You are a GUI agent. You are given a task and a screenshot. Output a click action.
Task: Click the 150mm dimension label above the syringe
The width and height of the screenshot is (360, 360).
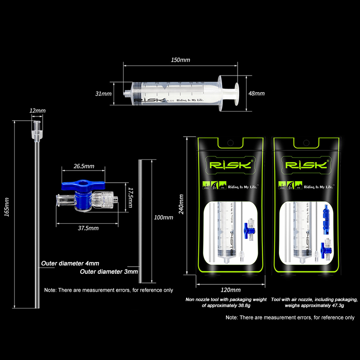click(x=180, y=60)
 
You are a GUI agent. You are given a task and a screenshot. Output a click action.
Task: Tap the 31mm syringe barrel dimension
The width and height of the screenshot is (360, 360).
click(x=103, y=94)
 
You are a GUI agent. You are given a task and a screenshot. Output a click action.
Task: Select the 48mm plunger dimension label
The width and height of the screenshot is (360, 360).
click(x=257, y=93)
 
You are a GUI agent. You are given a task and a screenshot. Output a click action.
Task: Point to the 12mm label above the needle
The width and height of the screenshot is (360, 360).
click(x=37, y=111)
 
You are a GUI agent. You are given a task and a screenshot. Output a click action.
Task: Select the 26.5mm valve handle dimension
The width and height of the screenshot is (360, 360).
click(x=84, y=166)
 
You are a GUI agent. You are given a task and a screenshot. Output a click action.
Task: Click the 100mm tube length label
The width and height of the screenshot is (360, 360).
click(x=163, y=217)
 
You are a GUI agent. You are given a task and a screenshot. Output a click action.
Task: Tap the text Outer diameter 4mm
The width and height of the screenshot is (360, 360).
click(x=70, y=263)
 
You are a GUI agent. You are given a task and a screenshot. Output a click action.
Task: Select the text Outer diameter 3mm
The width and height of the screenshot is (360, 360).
click(x=109, y=272)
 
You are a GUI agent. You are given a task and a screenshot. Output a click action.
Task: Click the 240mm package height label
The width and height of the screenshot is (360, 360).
click(x=181, y=204)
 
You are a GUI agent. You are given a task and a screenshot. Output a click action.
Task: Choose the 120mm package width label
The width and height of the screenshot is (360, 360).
click(x=231, y=290)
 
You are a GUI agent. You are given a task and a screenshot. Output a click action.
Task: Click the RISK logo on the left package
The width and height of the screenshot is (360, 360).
click(x=227, y=165)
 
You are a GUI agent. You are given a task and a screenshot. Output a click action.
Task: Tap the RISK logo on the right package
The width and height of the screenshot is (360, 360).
click(x=306, y=165)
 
